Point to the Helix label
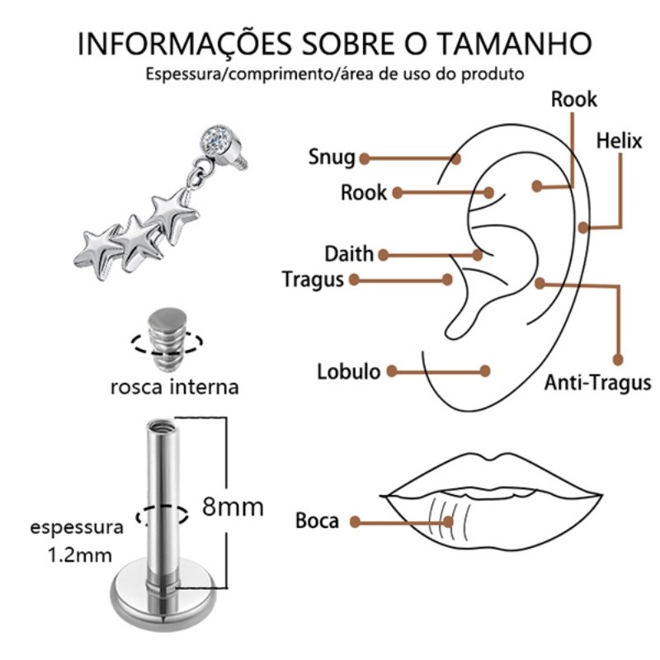point(619,140)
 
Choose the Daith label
point(348,253)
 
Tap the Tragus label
point(312,280)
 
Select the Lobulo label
point(349,371)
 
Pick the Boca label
point(317,521)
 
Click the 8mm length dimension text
point(233,506)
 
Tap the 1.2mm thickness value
point(79,555)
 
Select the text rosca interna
point(174,386)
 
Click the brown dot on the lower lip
point(449,521)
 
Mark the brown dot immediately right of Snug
point(364,157)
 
